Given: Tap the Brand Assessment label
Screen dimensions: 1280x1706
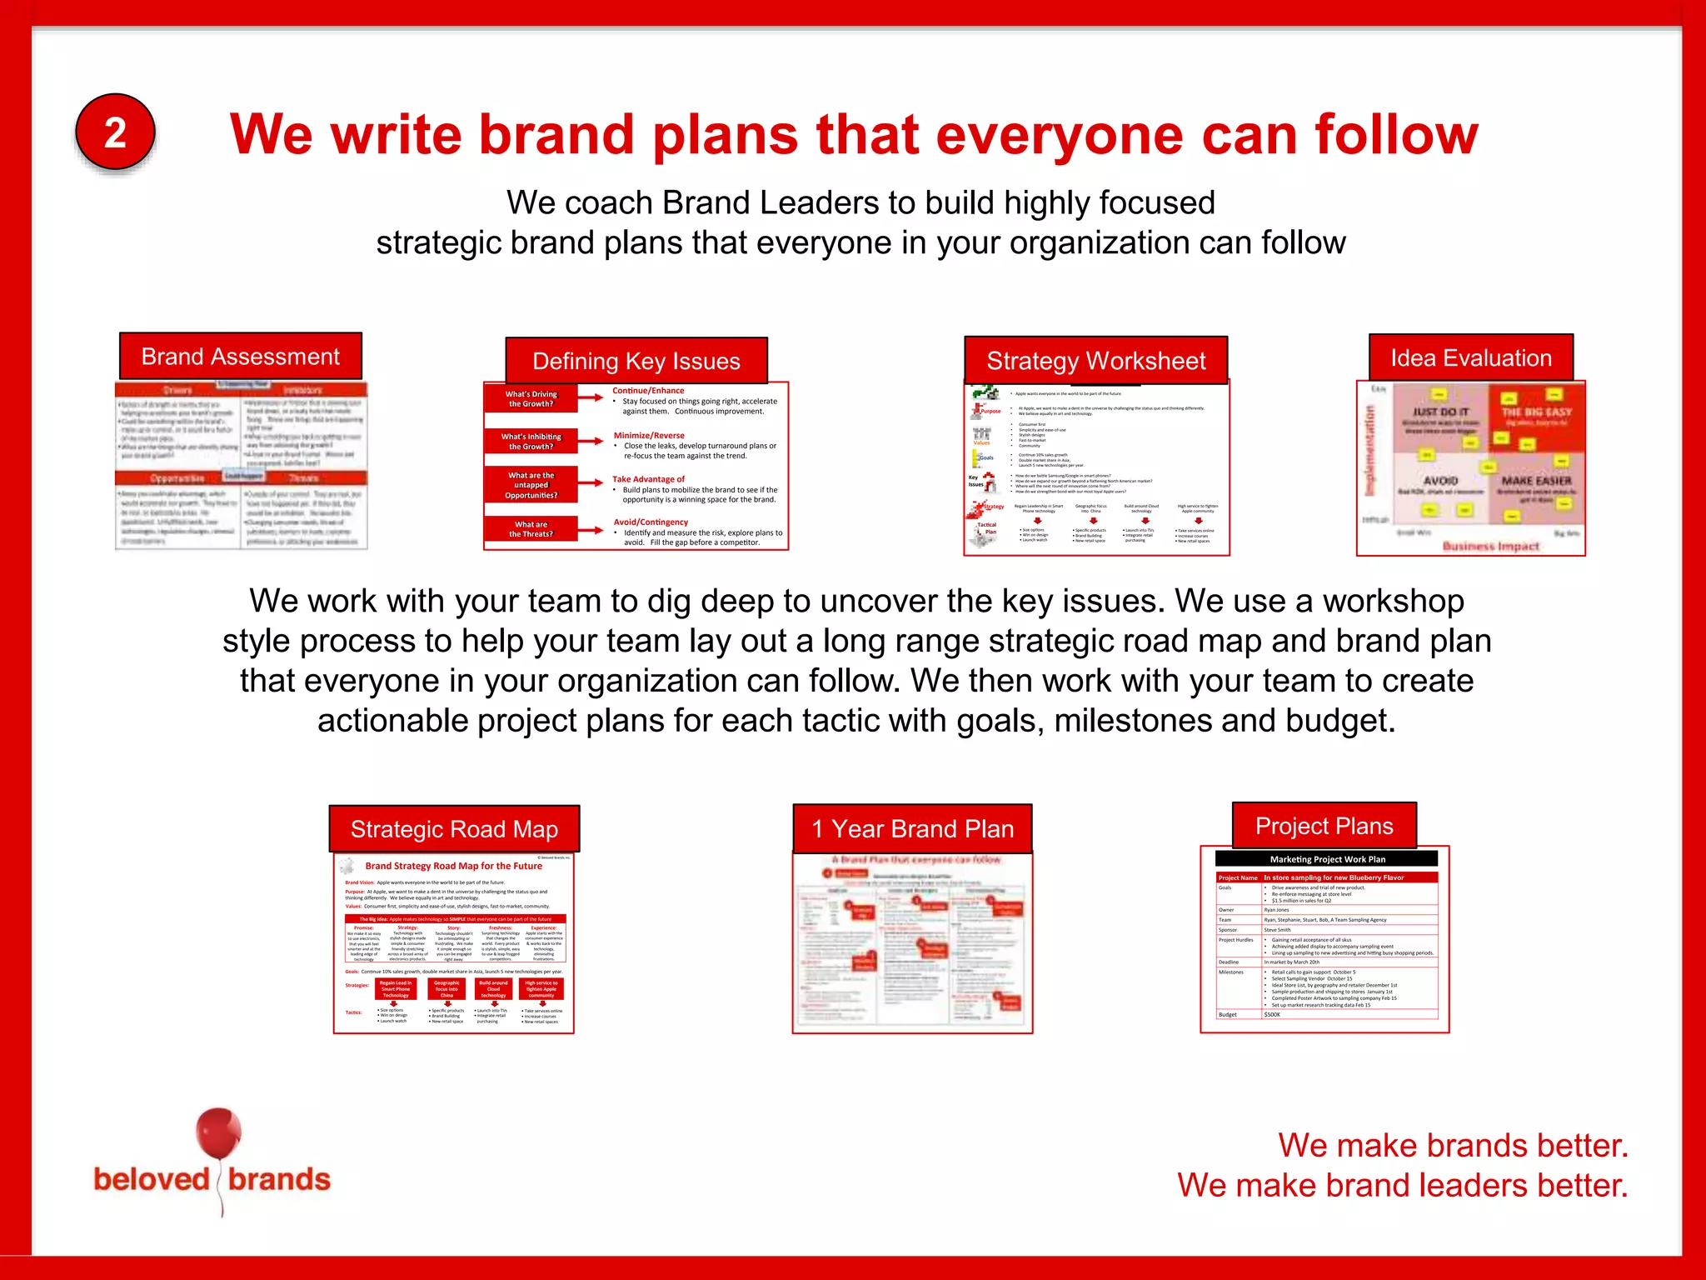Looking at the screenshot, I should click(241, 357).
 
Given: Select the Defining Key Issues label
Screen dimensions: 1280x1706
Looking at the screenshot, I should click(636, 361).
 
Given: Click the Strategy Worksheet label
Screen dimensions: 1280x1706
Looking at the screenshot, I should click(1095, 361).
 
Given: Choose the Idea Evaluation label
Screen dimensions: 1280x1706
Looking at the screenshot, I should click(1471, 358).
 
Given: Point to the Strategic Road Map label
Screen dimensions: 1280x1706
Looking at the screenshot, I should click(454, 829).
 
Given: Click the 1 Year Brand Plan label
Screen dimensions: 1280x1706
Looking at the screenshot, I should click(913, 829).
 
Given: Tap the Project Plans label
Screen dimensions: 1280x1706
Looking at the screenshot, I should click(1324, 826).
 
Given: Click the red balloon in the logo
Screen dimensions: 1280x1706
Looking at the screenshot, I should click(218, 1133).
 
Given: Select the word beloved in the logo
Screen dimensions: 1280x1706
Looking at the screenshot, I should click(152, 1180).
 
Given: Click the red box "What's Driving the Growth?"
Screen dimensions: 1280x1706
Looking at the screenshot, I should click(531, 399).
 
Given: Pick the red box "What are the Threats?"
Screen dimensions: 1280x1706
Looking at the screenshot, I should click(531, 529).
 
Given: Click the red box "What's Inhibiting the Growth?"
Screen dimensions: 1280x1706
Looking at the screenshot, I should click(531, 442).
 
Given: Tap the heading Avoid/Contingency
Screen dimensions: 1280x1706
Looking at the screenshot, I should click(651, 522).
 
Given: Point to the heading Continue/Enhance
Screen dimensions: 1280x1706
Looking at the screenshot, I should click(648, 391).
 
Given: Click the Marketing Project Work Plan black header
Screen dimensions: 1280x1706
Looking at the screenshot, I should click(1327, 859).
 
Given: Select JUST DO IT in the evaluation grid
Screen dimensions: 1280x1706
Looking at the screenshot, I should click(1440, 412).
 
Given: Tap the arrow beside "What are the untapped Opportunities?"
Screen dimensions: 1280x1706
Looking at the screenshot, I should click(591, 483).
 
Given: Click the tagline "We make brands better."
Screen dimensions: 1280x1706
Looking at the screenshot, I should click(1453, 1146).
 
